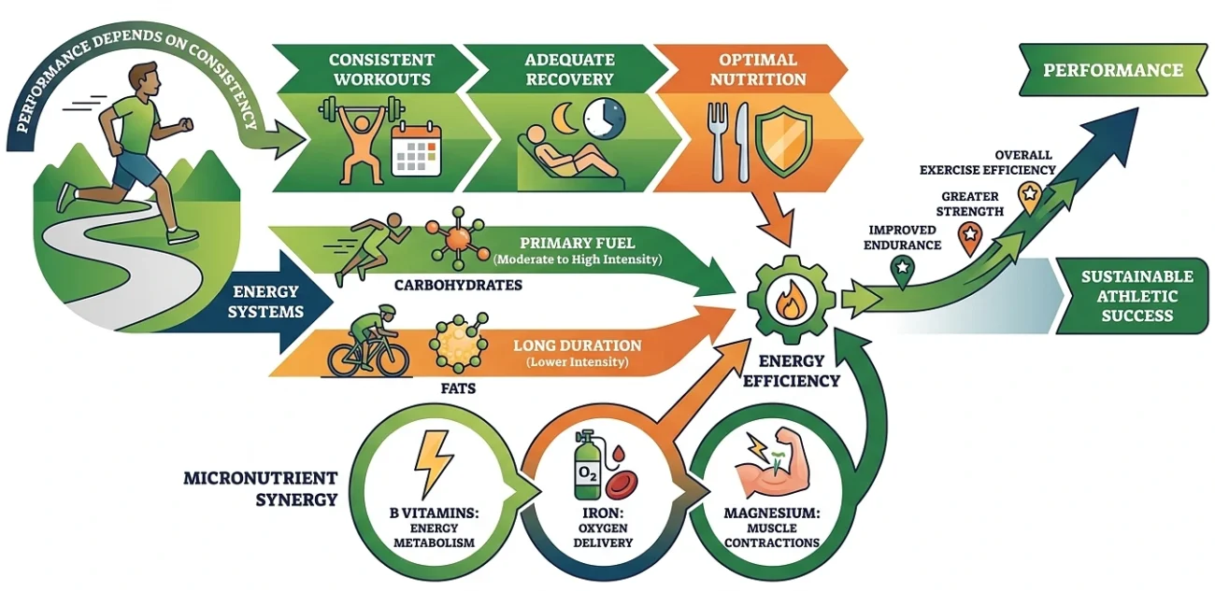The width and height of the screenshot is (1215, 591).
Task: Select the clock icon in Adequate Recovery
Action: (604, 120)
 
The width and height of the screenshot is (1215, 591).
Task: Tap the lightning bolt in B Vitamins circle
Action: (432, 464)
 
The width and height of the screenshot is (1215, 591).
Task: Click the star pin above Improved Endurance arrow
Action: (902, 268)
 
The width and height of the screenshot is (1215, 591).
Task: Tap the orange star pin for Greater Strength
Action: (970, 234)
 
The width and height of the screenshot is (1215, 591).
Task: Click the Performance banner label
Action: (1112, 71)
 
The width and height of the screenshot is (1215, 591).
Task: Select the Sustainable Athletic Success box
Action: (1136, 296)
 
